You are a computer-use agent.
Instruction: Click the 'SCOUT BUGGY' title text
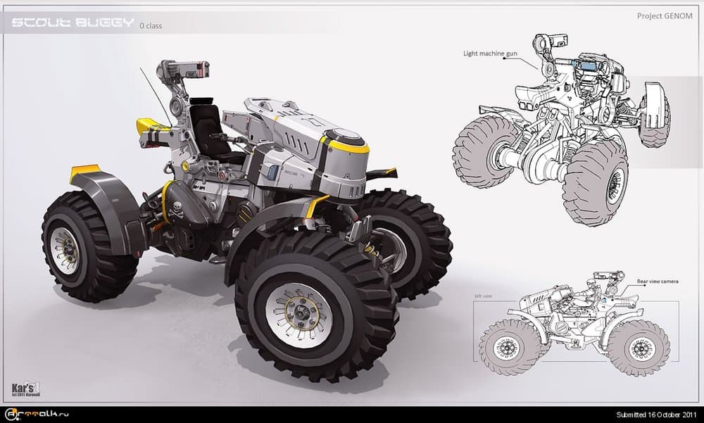(x=73, y=23)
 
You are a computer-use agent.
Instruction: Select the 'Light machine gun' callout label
(x=491, y=53)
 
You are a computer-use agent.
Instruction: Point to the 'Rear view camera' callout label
(x=658, y=281)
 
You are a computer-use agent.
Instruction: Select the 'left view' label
(x=483, y=296)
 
